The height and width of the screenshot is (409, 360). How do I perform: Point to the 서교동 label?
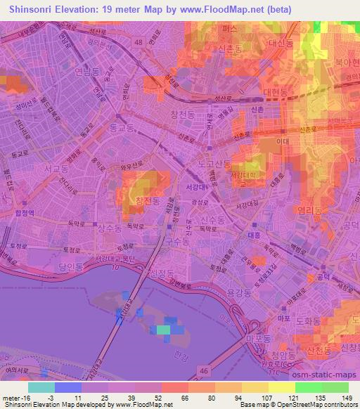55,169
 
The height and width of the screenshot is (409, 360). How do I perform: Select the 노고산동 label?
214,164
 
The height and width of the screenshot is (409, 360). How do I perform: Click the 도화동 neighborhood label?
307,320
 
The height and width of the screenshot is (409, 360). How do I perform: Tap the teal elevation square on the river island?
162,328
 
